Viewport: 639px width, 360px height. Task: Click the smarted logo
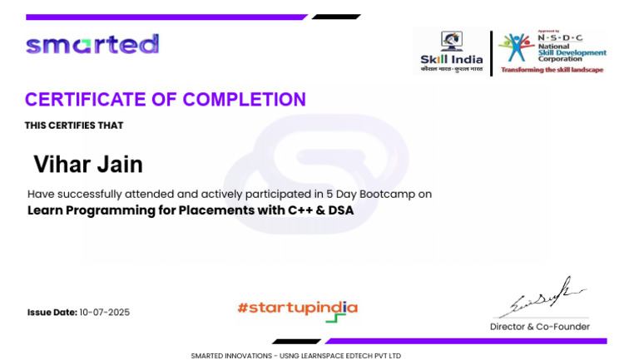click(92, 44)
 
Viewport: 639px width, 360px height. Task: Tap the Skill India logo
click(451, 52)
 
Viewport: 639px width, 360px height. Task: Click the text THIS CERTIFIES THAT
click(74, 126)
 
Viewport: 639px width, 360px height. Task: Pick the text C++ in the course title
click(298, 210)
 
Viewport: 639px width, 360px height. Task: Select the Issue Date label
click(52, 313)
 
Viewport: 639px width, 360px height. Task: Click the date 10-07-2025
click(104, 313)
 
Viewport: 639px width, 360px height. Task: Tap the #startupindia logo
click(297, 309)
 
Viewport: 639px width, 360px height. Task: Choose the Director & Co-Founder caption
click(539, 327)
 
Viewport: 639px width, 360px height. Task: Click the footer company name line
click(295, 355)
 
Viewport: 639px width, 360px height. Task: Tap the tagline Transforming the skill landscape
click(552, 70)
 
